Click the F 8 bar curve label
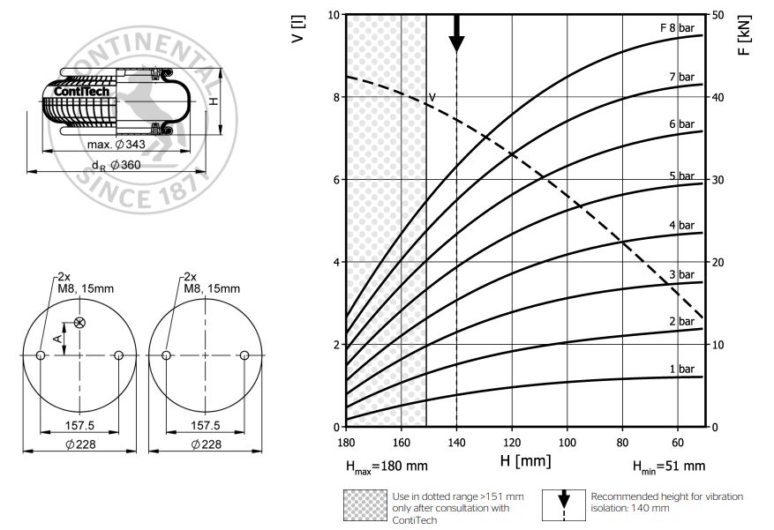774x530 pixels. (677, 27)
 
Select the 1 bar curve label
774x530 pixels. (681, 369)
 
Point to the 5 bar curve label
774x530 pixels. (681, 175)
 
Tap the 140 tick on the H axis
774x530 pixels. (456, 442)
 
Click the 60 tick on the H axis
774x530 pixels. (678, 442)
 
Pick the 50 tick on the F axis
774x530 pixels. (718, 15)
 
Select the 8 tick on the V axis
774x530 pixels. (336, 97)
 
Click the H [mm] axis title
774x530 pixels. (525, 461)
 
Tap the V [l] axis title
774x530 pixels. (298, 29)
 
